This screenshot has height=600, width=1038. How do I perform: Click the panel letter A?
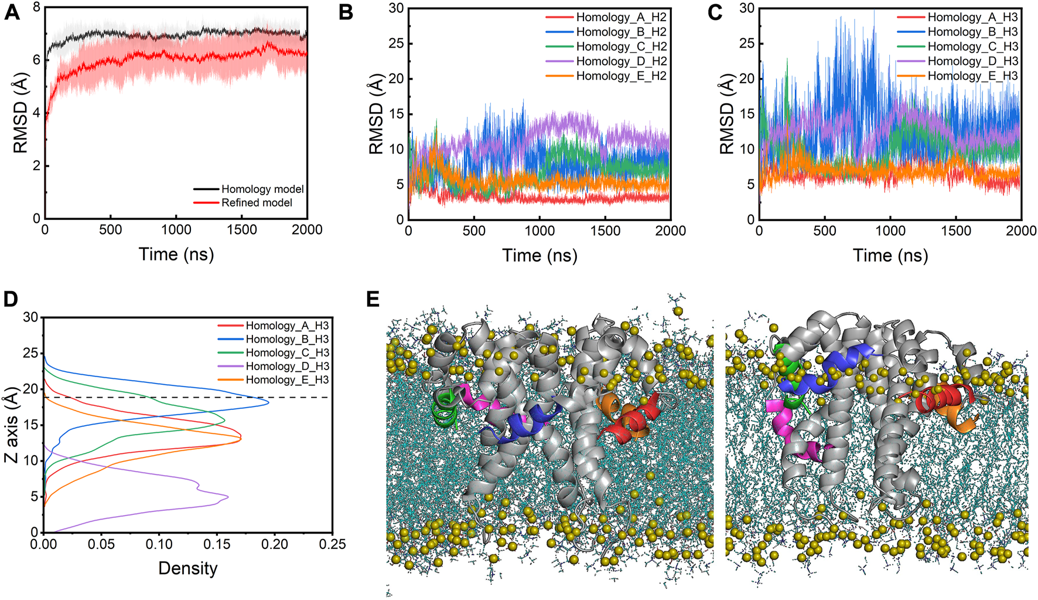12,12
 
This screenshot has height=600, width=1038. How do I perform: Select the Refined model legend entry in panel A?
257,203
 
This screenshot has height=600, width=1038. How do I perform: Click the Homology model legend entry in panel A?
262,189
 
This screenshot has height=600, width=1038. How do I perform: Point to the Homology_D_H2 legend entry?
621,61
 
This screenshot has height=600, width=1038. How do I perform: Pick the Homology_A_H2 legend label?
621,17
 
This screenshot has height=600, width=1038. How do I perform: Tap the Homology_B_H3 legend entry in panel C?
972,32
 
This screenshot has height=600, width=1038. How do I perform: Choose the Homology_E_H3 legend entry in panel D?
287,380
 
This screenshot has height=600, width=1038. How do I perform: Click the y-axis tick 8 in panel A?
36,8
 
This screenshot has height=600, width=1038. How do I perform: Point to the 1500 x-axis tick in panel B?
605,231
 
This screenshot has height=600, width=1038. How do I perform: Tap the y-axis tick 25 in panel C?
746,43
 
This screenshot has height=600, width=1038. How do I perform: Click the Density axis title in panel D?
187,568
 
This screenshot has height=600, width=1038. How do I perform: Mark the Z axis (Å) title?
11,425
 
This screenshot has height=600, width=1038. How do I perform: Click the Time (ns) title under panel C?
890,255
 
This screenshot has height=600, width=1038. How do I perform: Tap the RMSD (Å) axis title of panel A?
20,113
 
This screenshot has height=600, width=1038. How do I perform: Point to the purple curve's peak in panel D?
227,497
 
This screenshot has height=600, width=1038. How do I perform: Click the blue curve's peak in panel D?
268,402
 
